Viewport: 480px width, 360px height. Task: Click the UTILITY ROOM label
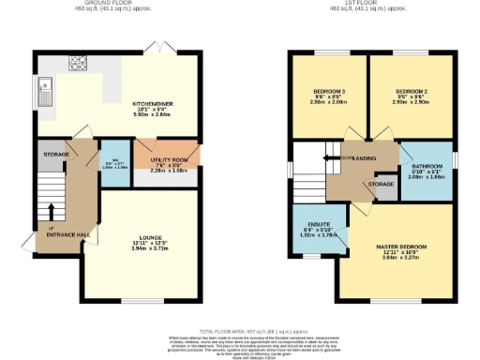[x=166, y=160]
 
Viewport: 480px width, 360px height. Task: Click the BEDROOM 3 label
[x=328, y=92]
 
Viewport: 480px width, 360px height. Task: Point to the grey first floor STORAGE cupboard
[x=381, y=185]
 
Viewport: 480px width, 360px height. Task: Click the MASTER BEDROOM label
[x=400, y=247]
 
